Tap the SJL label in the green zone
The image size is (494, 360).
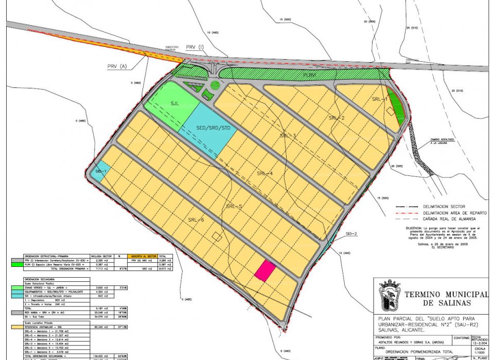[x=175, y=103]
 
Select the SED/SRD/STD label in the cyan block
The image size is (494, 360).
[x=213, y=127]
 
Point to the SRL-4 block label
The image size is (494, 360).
[x=264, y=173]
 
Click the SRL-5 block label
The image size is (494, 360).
[x=234, y=206]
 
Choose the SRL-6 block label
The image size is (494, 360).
[x=196, y=220]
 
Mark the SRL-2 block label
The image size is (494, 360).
[x=336, y=118]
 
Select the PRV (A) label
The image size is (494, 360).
[x=117, y=67]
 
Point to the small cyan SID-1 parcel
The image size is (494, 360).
[x=98, y=172]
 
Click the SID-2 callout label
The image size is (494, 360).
[x=351, y=234]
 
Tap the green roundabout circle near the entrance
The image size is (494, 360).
[x=215, y=85]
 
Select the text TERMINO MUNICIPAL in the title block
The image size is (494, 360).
[x=446, y=294]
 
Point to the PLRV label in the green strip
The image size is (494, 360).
[x=309, y=75]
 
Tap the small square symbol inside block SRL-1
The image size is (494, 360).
[x=391, y=111]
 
